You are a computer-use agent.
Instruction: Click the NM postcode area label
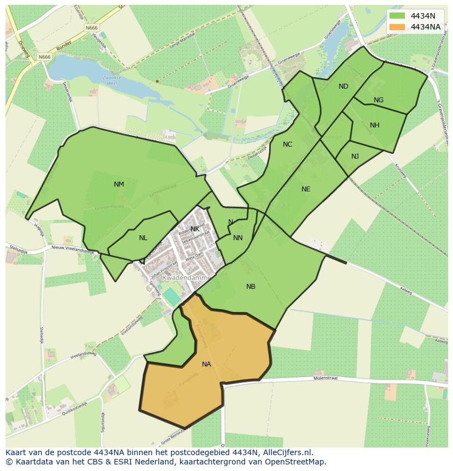119,184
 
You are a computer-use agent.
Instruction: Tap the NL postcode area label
143,238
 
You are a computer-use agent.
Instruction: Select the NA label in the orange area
206,364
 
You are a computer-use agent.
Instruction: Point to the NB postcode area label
251,287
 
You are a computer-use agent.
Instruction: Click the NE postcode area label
306,189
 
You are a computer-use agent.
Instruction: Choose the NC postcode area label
287,144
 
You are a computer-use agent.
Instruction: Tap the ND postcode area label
343,86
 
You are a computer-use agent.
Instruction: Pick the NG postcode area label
379,100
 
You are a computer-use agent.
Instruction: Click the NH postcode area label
374,125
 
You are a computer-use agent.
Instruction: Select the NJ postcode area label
355,156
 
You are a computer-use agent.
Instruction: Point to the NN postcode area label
237,238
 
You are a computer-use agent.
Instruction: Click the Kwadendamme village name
186,278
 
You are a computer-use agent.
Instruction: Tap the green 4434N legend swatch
397,15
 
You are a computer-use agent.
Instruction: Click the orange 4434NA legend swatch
397,27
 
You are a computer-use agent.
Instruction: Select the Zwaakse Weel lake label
112,80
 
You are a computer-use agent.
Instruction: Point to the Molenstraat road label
326,378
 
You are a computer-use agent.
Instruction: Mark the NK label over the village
195,229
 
